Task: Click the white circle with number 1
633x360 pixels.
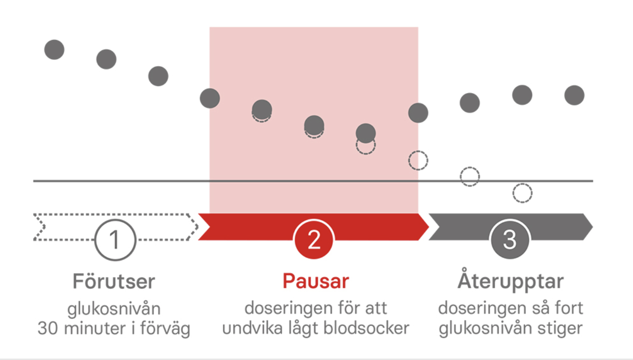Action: pos(115,240)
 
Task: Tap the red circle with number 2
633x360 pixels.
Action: pos(314,240)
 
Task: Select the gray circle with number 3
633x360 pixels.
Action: pos(510,240)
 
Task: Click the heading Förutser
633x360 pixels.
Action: pos(114,281)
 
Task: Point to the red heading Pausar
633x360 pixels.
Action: pos(316,281)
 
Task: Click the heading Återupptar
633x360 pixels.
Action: pos(511,279)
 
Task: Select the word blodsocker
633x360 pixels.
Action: pos(366,328)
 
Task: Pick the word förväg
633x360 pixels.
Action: pos(165,329)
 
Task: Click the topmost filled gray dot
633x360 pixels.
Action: pos(54,50)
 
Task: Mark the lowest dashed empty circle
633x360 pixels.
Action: pos(523,193)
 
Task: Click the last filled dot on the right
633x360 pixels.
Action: pos(574,95)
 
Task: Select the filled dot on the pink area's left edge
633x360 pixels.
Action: pos(209,98)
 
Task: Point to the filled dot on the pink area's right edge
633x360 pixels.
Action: pos(418,113)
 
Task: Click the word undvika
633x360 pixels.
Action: pos(252,328)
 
